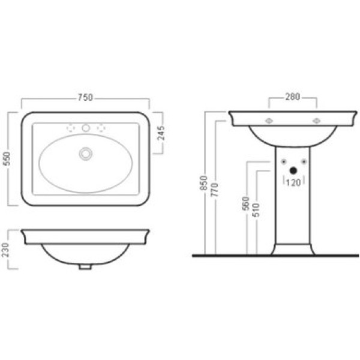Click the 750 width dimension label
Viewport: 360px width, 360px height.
[x=85, y=97]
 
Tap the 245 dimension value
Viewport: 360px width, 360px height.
[x=161, y=133]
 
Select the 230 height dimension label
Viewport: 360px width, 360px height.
[x=5, y=250]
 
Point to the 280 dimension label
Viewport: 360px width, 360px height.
[x=293, y=97]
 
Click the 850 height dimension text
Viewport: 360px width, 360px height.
[x=203, y=183]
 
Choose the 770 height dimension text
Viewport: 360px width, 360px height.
[x=215, y=190]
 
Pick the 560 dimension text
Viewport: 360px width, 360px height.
[x=245, y=203]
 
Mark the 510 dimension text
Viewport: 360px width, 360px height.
[x=256, y=210]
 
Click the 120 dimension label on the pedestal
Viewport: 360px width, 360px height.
[x=293, y=182]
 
